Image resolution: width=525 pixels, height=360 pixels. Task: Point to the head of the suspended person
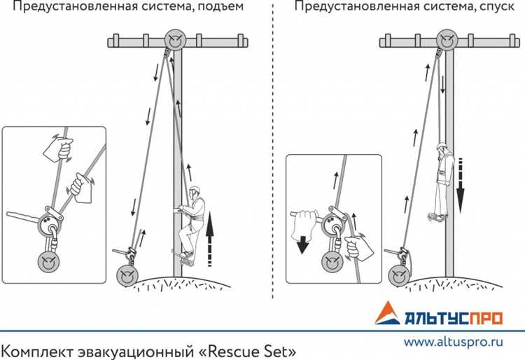pyautogui.click(x=442, y=149)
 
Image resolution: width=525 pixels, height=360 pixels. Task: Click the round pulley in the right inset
pyautogui.click(x=332, y=262)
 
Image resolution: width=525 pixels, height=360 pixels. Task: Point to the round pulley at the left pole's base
pyautogui.click(x=127, y=275)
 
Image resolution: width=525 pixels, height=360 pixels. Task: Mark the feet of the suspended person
pyautogui.click(x=440, y=216)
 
